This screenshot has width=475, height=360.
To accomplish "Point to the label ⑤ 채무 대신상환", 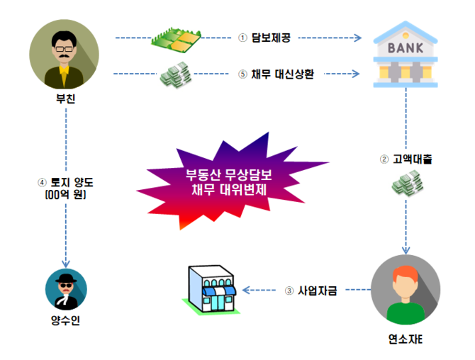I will tap(274, 73).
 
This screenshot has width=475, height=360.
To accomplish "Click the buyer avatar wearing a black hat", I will tap(65, 291).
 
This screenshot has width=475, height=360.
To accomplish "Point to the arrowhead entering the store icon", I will tap(246, 290).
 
